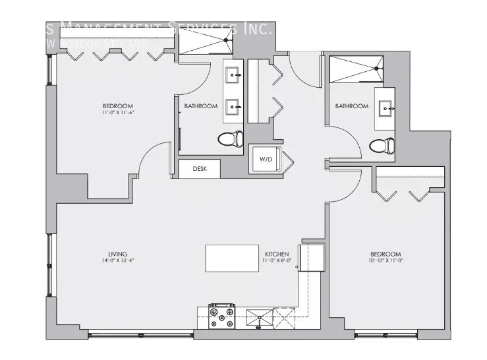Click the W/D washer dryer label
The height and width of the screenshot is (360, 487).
266,159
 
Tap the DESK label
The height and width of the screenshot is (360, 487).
200,169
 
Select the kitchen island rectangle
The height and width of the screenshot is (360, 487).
232,258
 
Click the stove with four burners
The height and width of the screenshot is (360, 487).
222,316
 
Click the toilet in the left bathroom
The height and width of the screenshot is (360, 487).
230,138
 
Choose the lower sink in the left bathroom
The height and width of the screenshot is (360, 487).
233,105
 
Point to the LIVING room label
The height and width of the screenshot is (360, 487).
118,254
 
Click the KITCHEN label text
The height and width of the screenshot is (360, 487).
277,254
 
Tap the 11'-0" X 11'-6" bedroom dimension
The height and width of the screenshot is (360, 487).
118,113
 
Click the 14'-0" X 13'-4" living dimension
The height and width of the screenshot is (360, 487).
118,261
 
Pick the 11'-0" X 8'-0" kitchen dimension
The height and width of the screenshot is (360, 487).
277,261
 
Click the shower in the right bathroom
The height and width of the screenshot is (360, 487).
356,67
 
